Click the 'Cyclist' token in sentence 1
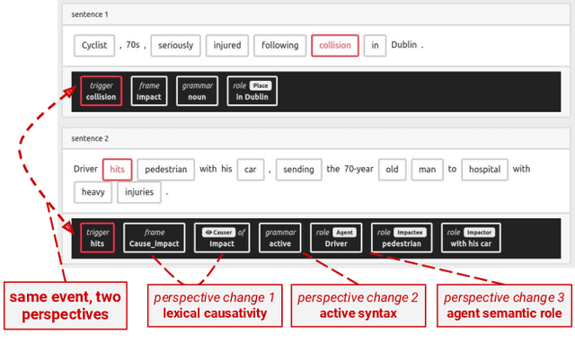click(x=94, y=46)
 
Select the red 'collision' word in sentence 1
click(x=335, y=46)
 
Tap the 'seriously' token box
click(x=175, y=46)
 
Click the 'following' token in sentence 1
click(x=279, y=46)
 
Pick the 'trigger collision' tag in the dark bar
click(x=101, y=91)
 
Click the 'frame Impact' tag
click(x=149, y=91)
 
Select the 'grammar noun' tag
click(x=197, y=91)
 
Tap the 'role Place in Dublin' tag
click(x=252, y=91)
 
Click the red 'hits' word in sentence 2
click(x=118, y=170)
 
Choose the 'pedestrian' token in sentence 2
click(x=165, y=170)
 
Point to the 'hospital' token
click(x=484, y=170)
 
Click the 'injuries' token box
click(x=139, y=192)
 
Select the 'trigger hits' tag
click(x=97, y=238)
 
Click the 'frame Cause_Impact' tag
click(x=154, y=238)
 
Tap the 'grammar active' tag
click(x=279, y=238)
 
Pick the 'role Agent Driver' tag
click(x=336, y=238)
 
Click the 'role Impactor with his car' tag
click(x=471, y=238)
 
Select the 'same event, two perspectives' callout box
click(x=66, y=305)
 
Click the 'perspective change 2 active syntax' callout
click(x=358, y=305)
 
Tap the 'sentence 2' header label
click(x=90, y=138)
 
